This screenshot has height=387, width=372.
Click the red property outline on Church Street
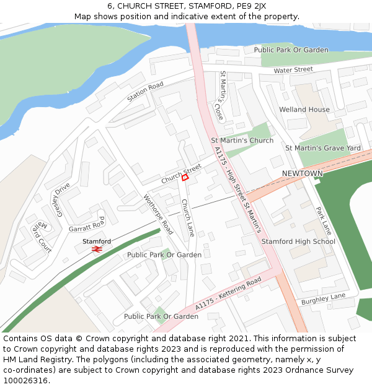(185, 178)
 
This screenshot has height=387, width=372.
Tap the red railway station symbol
(97, 249)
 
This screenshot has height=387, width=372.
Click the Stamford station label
(97, 241)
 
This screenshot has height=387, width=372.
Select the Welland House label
(304, 110)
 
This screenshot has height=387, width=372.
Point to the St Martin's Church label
(242, 141)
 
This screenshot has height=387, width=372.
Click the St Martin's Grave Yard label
(322, 148)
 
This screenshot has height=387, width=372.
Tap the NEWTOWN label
(303, 173)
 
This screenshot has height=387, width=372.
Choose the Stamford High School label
(298, 241)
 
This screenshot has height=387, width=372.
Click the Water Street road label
(293, 70)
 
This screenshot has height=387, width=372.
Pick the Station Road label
(145, 92)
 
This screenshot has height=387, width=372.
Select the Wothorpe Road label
(158, 214)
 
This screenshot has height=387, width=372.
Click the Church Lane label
(188, 218)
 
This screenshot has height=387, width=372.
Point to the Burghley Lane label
(323, 299)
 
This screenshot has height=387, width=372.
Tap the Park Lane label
(324, 220)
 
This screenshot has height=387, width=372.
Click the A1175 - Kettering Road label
(228, 294)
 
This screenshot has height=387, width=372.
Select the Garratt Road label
(87, 226)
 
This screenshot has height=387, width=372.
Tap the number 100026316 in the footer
(25, 381)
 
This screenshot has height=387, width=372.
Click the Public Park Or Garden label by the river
(291, 50)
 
